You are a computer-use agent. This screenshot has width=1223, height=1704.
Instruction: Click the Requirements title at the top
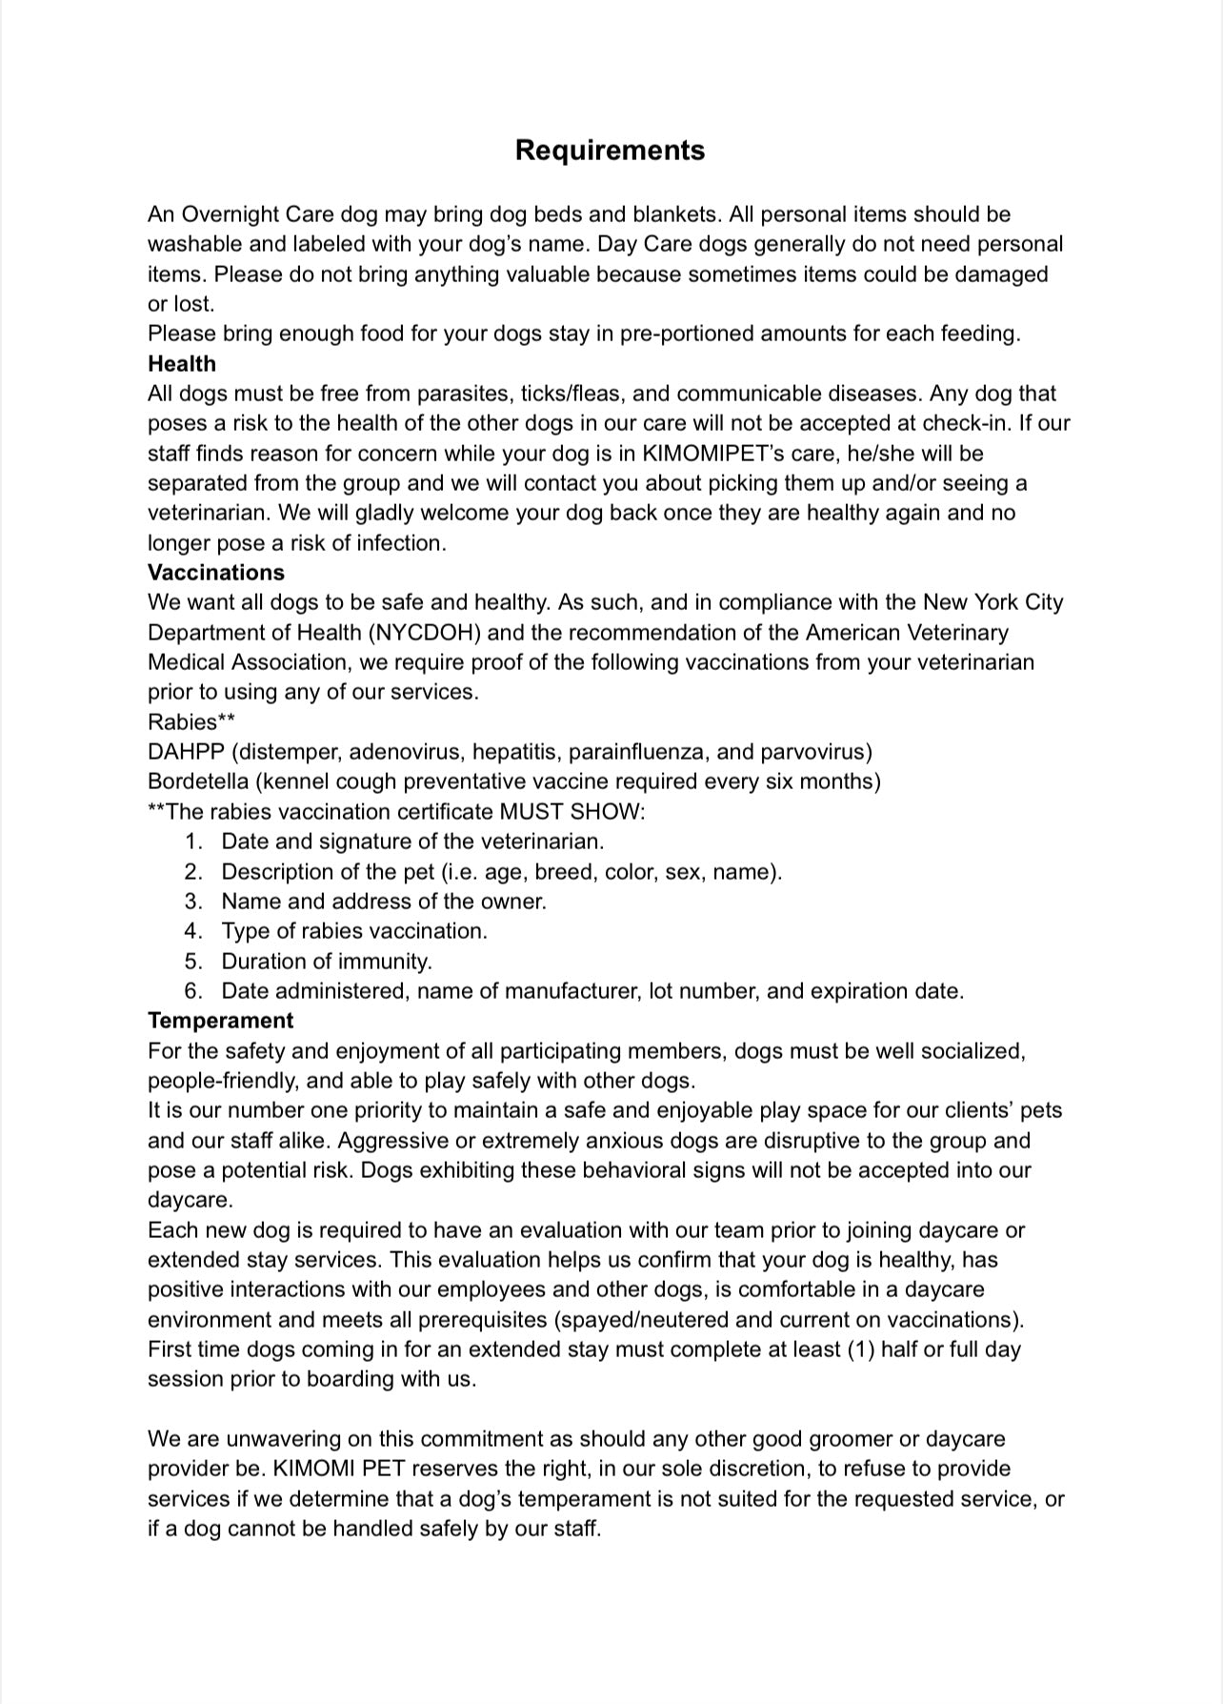coord(610,151)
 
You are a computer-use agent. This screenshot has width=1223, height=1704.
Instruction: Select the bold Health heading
coord(182,364)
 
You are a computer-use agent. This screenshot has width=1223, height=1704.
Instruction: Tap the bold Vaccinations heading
coord(216,573)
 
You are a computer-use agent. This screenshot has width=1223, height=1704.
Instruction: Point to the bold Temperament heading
coord(220,1021)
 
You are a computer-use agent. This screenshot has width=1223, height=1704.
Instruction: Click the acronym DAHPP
coord(186,752)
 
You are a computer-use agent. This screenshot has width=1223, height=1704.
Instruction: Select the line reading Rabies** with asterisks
coord(191,721)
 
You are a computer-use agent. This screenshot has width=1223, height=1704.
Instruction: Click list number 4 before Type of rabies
coord(193,931)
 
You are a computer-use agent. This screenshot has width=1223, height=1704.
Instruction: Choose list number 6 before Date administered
coord(193,991)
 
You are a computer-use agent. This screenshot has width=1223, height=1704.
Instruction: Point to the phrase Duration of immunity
coord(327,962)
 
